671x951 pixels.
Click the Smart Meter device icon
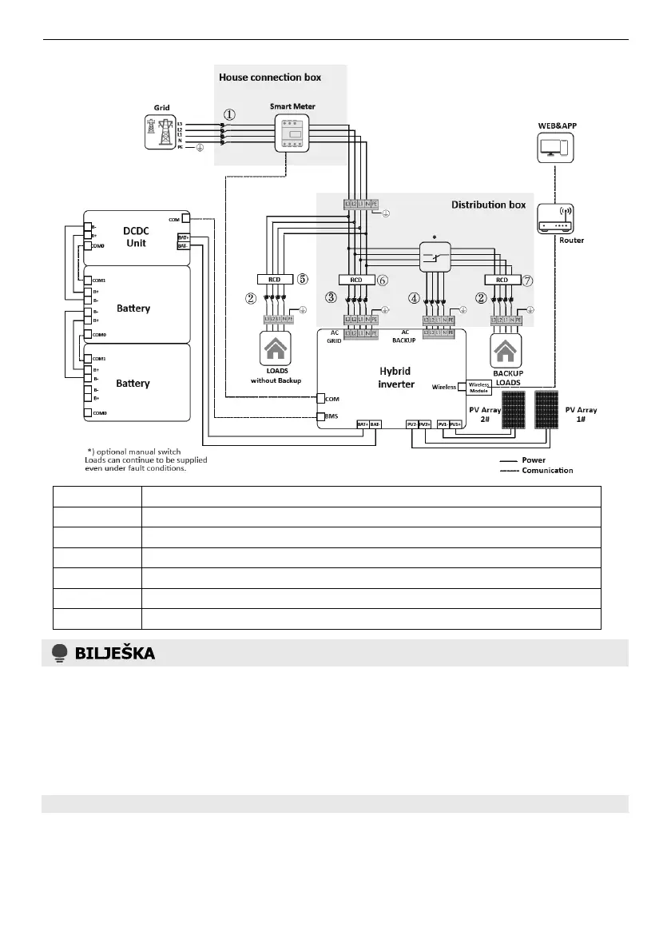point(292,134)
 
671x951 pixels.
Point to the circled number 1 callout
point(229,114)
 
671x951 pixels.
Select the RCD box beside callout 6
point(356,280)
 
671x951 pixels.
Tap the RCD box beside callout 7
point(501,280)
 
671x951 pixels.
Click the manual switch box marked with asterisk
point(436,256)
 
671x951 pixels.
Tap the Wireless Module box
point(478,387)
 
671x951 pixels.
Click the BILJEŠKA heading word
point(115,653)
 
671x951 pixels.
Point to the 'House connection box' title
point(270,78)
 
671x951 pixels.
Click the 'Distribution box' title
point(488,205)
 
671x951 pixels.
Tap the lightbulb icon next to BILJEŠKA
point(58,653)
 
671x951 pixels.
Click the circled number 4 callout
point(413,298)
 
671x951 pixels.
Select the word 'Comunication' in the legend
point(547,470)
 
